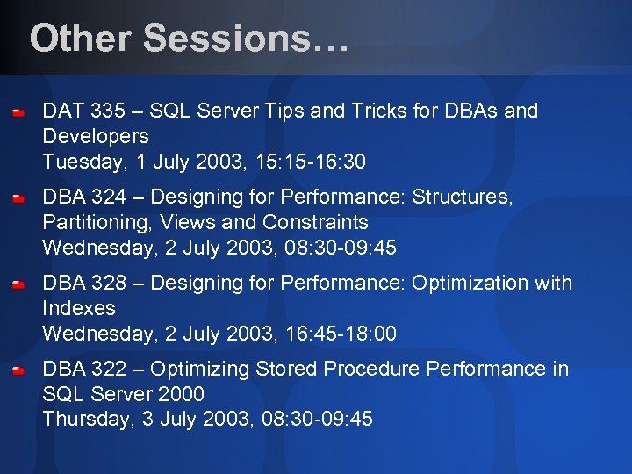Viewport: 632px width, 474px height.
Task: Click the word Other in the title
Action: pos(79,39)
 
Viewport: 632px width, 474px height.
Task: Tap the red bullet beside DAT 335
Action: pos(18,114)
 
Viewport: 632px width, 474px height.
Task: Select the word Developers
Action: pos(96,137)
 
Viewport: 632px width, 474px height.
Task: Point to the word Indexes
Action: pos(79,309)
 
